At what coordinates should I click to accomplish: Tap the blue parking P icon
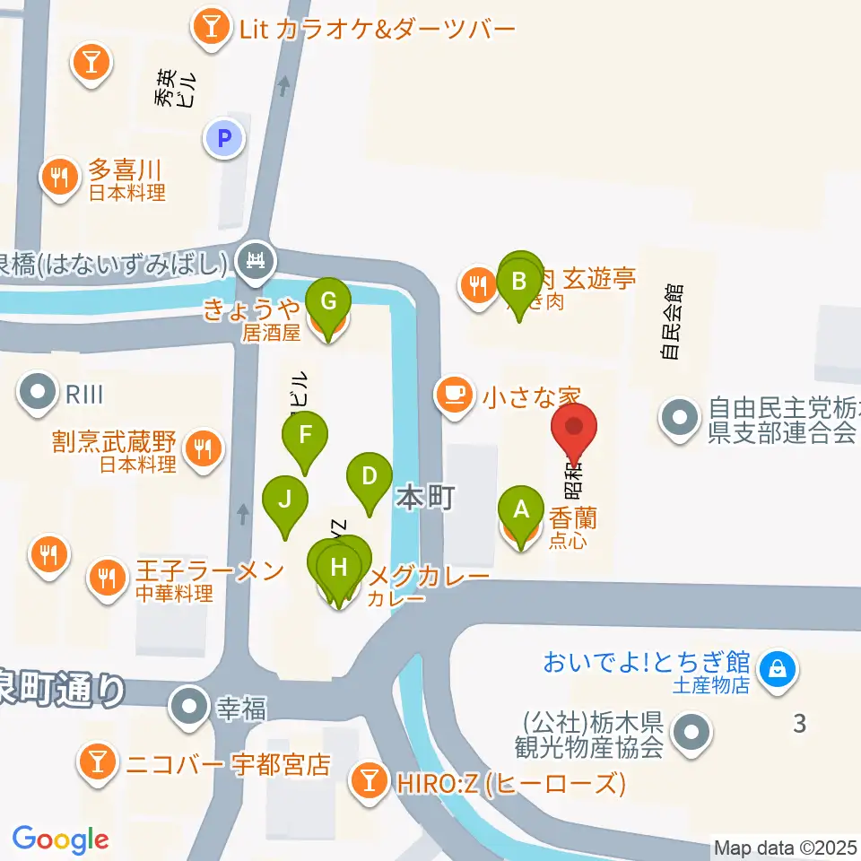point(224,138)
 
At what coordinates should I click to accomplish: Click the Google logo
point(60,839)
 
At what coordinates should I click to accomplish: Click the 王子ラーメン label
point(210,571)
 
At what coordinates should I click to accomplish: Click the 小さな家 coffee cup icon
point(455,394)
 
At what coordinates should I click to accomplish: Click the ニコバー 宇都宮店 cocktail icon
point(95,763)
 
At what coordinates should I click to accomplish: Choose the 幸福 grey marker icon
point(189,707)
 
